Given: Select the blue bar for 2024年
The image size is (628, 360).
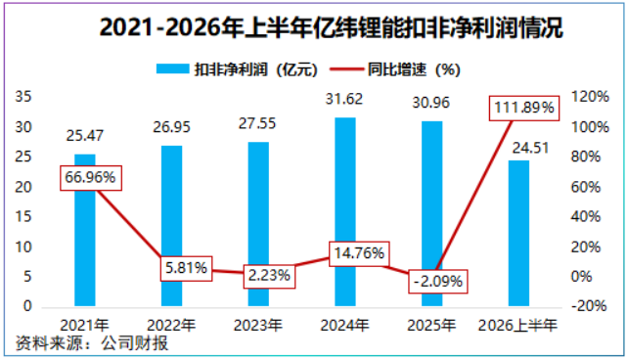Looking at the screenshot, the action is click(x=345, y=212).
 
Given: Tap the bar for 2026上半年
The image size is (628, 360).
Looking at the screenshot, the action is click(x=518, y=234).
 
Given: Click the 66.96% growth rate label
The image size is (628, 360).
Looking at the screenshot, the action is click(x=91, y=178).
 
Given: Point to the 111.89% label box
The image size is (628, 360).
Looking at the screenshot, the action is click(x=524, y=109).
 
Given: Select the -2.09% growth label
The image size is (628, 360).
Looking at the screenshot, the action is click(x=438, y=281).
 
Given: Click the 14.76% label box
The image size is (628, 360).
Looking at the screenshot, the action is click(x=359, y=253).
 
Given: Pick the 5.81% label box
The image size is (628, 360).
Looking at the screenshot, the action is click(x=186, y=268).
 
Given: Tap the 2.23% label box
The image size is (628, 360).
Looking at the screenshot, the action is click(x=269, y=276).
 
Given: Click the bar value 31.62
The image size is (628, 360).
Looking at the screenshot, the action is click(x=344, y=99).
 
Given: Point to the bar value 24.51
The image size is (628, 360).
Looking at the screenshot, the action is click(x=530, y=148).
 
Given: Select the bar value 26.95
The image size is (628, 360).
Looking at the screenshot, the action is click(x=171, y=127).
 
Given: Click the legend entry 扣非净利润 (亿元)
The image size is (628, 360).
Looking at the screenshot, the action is click(x=237, y=69).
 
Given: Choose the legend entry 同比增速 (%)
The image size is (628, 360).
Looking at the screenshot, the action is click(x=395, y=69).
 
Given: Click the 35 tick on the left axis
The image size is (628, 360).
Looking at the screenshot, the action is click(x=22, y=97).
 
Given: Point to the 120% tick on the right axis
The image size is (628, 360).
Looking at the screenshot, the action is click(x=590, y=97).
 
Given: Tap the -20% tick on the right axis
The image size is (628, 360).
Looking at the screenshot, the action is click(x=589, y=306).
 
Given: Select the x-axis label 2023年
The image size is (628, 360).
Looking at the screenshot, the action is click(x=258, y=326).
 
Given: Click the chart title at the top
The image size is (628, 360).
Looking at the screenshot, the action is click(x=332, y=27).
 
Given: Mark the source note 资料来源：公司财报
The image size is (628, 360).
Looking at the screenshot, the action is click(x=92, y=343).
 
